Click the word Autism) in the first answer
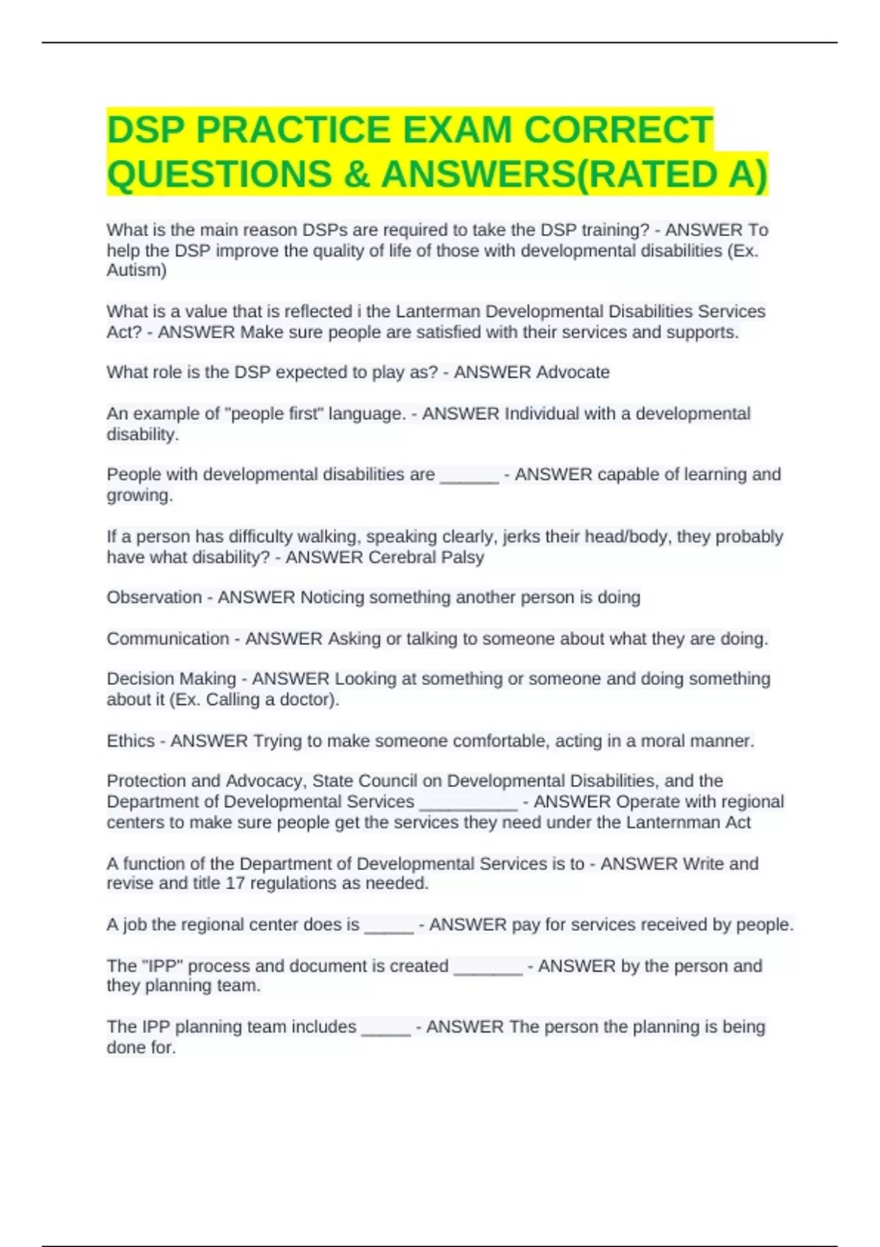(136, 271)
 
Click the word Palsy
(462, 557)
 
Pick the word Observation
(154, 597)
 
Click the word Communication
(168, 639)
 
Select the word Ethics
(131, 741)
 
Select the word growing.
(139, 496)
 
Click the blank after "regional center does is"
(389, 926)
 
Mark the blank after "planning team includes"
(386, 1028)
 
